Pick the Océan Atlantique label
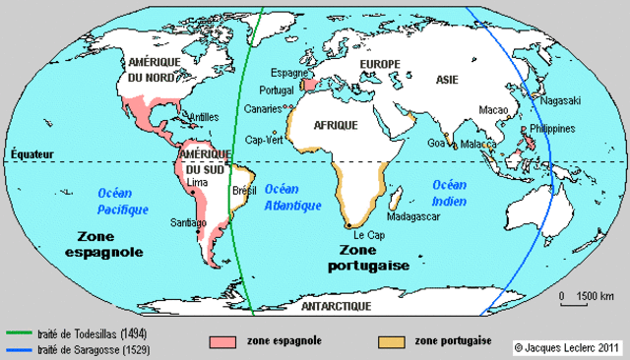pyautogui.click(x=293, y=197)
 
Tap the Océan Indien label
pyautogui.click(x=449, y=193)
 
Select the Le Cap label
pyautogui.click(x=367, y=237)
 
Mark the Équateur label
pyautogui.click(x=31, y=154)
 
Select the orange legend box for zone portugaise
pyautogui.click(x=392, y=341)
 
